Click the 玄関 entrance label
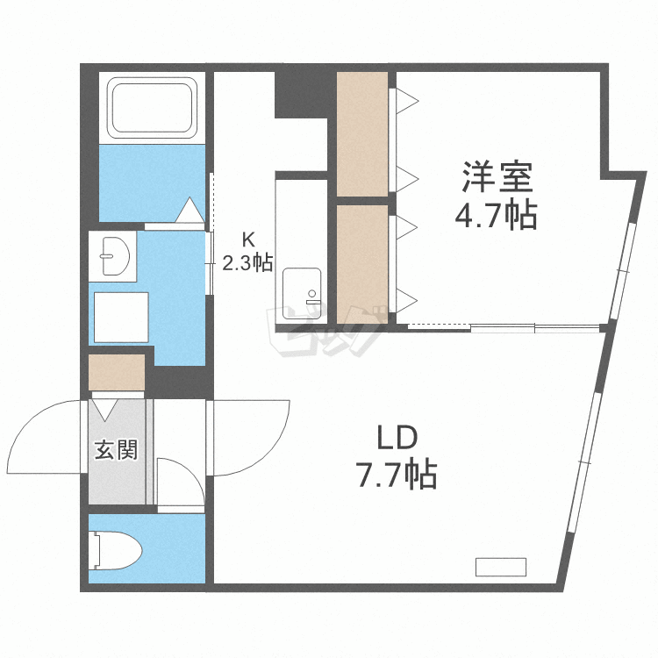pos(116,451)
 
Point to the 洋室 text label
pos(498,179)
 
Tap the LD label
pos(395,437)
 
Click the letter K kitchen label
pos(248,238)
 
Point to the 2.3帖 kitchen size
pos(247,261)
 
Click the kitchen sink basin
pos(301,287)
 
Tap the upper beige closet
pos(362,133)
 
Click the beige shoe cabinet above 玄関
pos(117,371)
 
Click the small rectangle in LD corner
pos(500,567)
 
